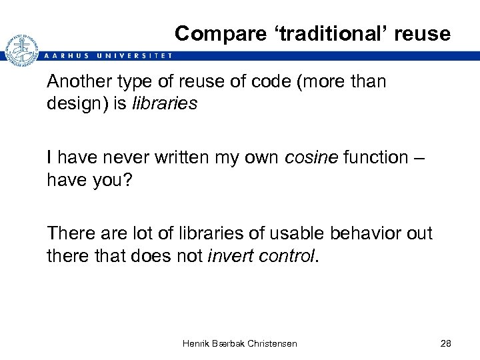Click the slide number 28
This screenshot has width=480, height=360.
[x=446, y=343]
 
